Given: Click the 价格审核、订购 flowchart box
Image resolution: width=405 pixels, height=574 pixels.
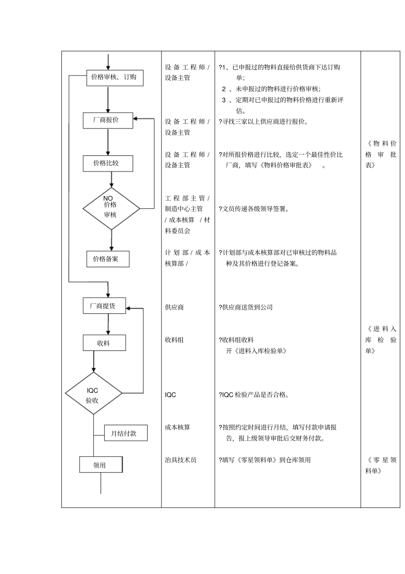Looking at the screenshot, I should [x=114, y=78].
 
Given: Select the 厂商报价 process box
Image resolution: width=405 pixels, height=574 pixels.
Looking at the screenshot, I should [x=107, y=120].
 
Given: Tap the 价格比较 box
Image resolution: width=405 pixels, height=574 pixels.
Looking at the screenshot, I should [x=107, y=163].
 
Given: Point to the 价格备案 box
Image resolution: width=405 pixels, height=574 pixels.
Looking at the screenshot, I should [x=107, y=259].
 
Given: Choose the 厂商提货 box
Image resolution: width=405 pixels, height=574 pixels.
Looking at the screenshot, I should [x=104, y=306].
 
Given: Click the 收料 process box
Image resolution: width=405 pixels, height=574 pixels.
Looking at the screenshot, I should [x=104, y=343].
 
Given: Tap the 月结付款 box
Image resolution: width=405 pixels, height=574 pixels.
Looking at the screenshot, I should [x=125, y=433].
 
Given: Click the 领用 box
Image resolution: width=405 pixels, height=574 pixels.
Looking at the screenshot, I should [x=101, y=465].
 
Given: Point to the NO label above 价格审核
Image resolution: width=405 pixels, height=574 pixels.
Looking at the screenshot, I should [x=108, y=198].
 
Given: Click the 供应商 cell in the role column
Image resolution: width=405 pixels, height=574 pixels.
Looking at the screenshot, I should [x=174, y=307].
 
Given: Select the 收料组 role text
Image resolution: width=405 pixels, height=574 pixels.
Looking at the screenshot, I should [x=174, y=340].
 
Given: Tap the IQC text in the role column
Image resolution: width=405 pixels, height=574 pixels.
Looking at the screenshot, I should [x=171, y=395].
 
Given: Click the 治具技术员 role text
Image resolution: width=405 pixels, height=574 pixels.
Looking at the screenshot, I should [x=181, y=460].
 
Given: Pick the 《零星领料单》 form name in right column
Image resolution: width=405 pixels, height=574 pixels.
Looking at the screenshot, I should [x=381, y=465].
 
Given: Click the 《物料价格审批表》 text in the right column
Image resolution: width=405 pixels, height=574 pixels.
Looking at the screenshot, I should [x=381, y=154].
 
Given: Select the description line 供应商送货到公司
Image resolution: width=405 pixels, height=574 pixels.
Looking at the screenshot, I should [x=246, y=307].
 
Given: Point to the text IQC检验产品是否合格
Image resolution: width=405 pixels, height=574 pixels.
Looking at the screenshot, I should [x=255, y=395].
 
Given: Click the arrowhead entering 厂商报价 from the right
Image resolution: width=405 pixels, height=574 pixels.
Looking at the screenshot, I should [x=136, y=119].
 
